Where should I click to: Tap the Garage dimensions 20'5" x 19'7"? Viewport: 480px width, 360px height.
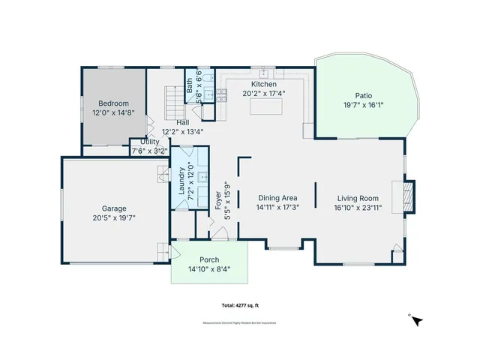pos(114,217)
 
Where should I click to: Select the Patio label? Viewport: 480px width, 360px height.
pos(363,96)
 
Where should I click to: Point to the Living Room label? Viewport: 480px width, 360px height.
pos(358,199)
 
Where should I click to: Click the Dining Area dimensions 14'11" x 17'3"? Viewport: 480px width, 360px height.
pos(277,207)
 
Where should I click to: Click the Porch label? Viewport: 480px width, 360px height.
pos(208,260)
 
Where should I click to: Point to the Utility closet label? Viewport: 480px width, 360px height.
pos(149,142)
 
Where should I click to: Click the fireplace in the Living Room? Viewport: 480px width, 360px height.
pos(408,196)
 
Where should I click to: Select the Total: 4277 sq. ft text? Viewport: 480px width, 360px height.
pos(240,305)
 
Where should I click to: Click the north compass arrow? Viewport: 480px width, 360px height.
pos(417,320)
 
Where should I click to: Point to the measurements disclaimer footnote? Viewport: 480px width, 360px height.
pos(240,322)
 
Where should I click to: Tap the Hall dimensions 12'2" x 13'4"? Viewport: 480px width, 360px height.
pos(183,130)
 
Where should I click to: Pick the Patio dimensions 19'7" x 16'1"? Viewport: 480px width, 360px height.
pos(363,105)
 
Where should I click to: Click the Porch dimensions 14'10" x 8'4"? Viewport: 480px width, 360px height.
pos(208,268)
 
